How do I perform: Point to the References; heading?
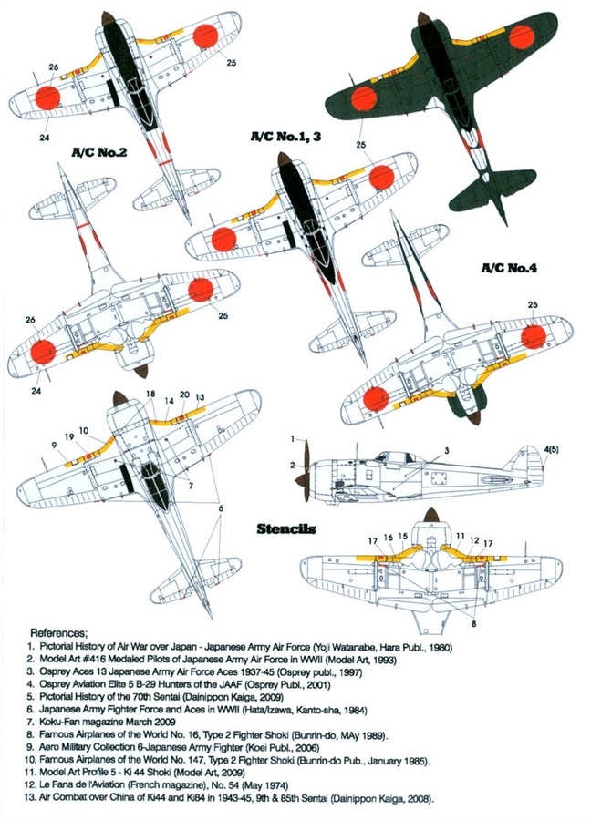[x=59, y=632]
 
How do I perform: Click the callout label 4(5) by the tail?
[x=552, y=449]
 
